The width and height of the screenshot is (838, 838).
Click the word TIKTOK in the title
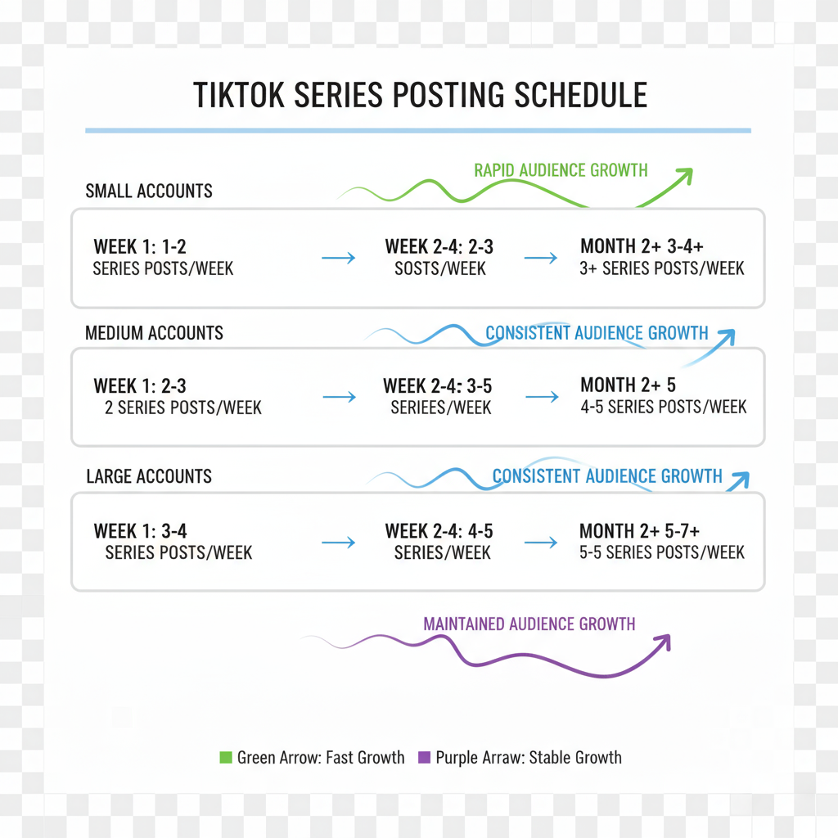238,95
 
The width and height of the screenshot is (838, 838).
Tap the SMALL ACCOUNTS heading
149,191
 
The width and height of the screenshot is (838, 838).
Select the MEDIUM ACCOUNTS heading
154,333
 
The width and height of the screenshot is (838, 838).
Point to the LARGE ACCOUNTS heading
149,476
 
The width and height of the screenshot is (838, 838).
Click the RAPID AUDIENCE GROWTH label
561,170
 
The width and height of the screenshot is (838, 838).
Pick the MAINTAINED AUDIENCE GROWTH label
529,624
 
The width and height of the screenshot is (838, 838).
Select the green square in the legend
226,757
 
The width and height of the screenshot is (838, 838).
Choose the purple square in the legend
425,757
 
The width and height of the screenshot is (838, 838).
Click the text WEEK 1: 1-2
140,246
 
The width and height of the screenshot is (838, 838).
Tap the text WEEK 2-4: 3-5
438,386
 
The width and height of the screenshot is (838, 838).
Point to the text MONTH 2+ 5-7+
640,530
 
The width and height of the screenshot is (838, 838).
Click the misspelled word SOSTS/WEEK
440,268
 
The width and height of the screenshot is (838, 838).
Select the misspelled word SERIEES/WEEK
441,408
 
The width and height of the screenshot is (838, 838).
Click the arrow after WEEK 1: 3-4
338,543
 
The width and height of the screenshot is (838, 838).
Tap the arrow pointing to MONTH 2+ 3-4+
541,258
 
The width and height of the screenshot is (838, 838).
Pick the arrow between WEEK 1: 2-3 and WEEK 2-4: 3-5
340,397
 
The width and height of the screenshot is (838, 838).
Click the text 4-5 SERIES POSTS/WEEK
663,407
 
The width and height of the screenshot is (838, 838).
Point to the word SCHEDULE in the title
581,95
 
